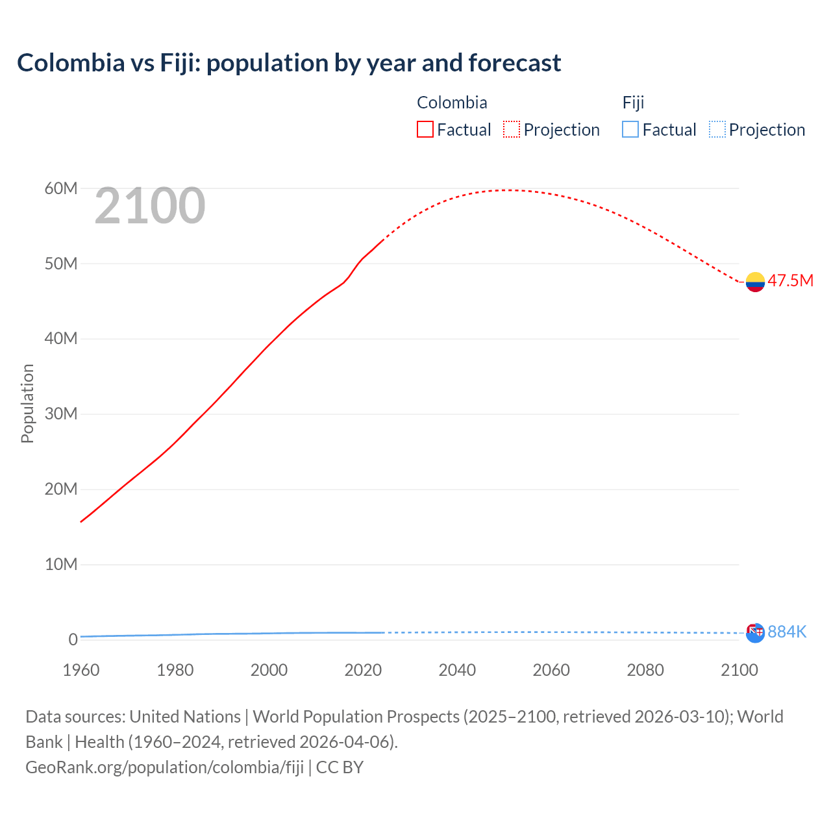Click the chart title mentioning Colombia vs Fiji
[x=289, y=63]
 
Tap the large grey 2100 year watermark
[x=150, y=206]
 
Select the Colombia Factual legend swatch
[x=425, y=130]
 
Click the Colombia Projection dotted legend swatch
[x=512, y=130]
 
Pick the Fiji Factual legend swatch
[x=630, y=130]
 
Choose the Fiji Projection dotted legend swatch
[x=717, y=130]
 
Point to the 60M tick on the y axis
[x=61, y=189]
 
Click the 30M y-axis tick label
[x=61, y=414]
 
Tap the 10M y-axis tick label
[x=61, y=565]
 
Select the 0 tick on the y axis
[x=73, y=639]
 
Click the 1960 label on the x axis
[x=81, y=670]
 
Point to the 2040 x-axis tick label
[x=457, y=670]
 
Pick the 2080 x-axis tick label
[x=645, y=670]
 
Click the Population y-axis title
[x=27, y=403]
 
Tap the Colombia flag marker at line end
[x=755, y=282]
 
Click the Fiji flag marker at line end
[x=755, y=633]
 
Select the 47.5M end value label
[x=790, y=280]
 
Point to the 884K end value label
[x=787, y=632]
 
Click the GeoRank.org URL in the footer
[x=164, y=767]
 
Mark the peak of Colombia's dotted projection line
[x=510, y=190]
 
